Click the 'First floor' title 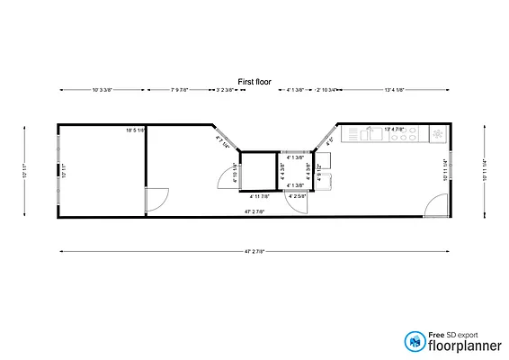254,81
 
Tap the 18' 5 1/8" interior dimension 135,131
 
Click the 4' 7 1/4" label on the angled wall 223,139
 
